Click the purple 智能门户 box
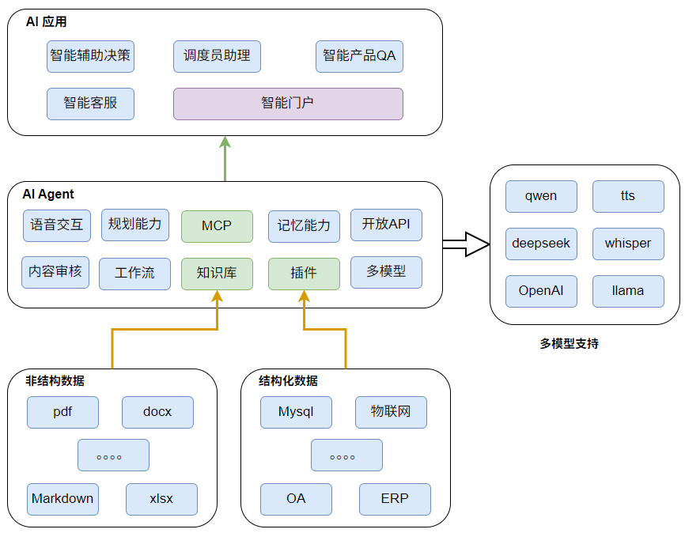[x=288, y=104]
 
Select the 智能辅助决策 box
[x=90, y=56]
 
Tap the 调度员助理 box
[x=217, y=56]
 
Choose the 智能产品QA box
[x=359, y=56]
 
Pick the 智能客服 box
[x=90, y=104]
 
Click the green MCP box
[x=217, y=225]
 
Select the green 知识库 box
[x=217, y=273]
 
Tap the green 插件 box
[x=304, y=273]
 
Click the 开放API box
[x=386, y=225]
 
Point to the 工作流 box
[x=134, y=274]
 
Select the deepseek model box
[x=541, y=244]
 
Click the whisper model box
[x=628, y=244]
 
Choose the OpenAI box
[x=541, y=291]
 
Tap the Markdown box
[x=62, y=499]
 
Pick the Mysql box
[x=296, y=412]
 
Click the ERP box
[x=395, y=499]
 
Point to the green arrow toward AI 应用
[x=225, y=158]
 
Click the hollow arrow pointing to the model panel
[x=466, y=244]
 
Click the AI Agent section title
[x=48, y=194]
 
